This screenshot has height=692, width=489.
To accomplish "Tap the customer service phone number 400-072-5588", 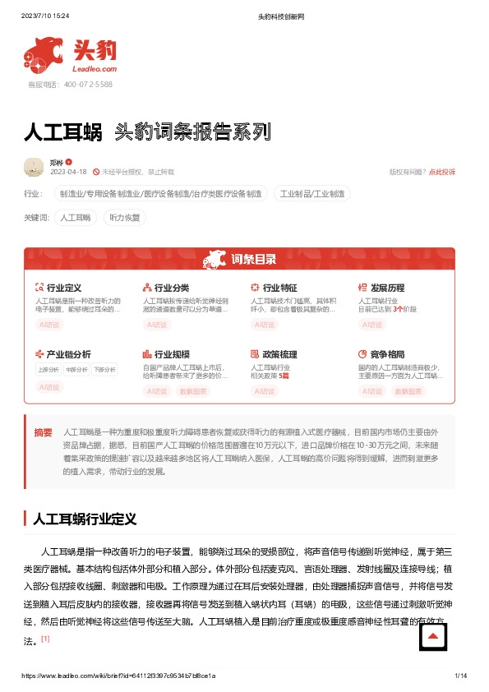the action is click(70, 85).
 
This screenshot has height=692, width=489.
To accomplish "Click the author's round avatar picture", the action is click(34, 167).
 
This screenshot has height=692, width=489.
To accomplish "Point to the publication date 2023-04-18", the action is click(68, 172).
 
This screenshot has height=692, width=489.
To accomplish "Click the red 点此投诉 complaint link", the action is click(442, 172).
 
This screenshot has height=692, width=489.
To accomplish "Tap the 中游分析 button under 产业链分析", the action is click(76, 370).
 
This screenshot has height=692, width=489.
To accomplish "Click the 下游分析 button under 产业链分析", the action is click(104, 370).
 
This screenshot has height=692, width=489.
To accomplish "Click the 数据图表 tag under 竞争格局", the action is click(409, 391).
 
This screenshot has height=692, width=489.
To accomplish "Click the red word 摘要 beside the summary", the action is click(43, 432).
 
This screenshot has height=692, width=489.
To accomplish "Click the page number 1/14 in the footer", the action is click(460, 676).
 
